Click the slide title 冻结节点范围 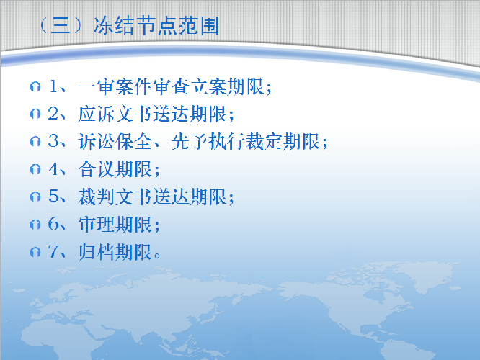156,26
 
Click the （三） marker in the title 61,26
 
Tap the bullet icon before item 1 35,86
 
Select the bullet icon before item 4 35,169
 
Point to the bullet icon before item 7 35,252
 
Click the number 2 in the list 53,114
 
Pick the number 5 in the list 53,197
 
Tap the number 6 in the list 53,224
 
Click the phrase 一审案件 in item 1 115,87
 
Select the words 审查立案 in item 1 190,87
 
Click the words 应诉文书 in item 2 115,114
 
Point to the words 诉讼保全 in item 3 115,142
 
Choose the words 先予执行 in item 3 208,142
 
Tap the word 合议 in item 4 97,169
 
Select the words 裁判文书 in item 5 115,197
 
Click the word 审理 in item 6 97,224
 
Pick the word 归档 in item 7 97,252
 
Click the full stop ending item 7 157,256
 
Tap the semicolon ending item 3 325,143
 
